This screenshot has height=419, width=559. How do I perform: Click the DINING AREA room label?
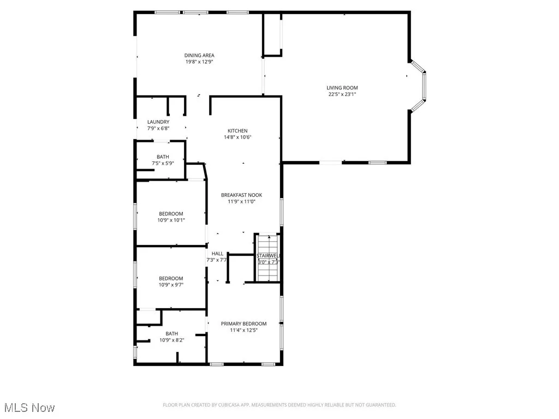[199, 55]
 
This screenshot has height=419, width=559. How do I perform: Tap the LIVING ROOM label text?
[342, 88]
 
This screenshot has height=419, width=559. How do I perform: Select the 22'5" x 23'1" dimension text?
[342, 94]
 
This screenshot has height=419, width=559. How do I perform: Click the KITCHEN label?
[237, 131]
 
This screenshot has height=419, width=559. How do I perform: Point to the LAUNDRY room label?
[158, 122]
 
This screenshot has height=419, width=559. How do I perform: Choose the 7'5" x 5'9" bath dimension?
[163, 163]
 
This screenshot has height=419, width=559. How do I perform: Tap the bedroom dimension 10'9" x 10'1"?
[171, 220]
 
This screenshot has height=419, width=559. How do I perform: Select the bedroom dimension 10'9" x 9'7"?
[171, 285]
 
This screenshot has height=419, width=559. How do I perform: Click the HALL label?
[217, 254]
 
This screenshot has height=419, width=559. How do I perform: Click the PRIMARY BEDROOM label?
[243, 324]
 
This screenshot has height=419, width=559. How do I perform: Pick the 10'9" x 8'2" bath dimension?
[172, 340]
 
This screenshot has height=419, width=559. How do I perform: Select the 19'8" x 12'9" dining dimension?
[199, 62]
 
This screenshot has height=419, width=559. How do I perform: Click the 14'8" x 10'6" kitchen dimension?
[237, 137]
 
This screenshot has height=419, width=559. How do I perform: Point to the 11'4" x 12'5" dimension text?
[243, 330]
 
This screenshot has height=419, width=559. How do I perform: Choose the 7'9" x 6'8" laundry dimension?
[158, 128]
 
